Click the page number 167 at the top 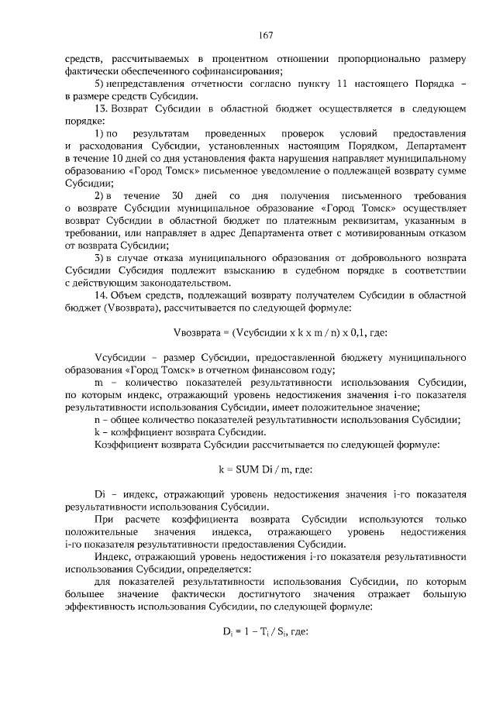click(x=248, y=35)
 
